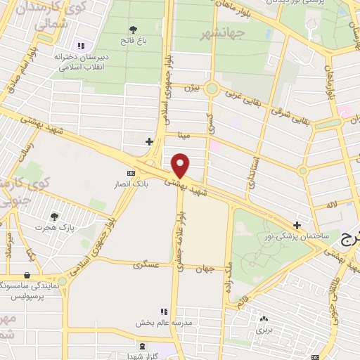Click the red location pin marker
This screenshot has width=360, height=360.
[x=181, y=165]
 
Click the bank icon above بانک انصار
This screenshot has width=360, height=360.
[x=130, y=173]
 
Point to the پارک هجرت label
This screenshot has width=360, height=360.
[x=56, y=228]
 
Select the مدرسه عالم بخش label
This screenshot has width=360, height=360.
[x=164, y=323]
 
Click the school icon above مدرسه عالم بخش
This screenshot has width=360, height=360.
[x=164, y=311]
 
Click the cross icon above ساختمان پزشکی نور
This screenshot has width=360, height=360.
[x=298, y=226]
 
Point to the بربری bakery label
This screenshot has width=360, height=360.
[x=263, y=328]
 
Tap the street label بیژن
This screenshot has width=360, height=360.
[x=193, y=88]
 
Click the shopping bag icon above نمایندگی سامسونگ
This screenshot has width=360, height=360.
[x=27, y=275]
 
